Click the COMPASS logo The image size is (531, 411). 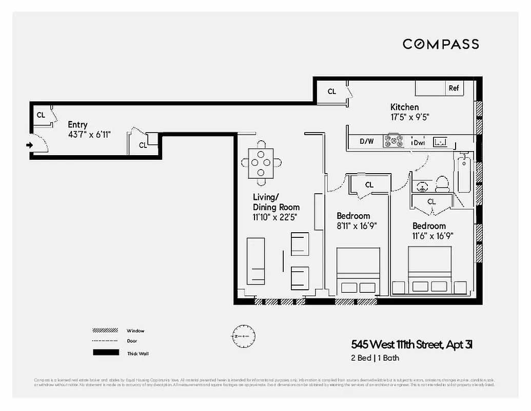(x=441, y=44)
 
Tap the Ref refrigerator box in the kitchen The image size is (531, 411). (x=454, y=88)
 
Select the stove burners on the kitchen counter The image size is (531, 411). (x=394, y=141)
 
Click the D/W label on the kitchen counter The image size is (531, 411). (x=366, y=141)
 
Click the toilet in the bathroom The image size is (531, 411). (x=442, y=183)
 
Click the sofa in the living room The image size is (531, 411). (x=255, y=261)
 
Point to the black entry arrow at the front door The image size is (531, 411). (x=30, y=145)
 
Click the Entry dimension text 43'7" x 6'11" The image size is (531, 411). (x=89, y=134)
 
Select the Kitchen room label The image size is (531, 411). (x=404, y=107)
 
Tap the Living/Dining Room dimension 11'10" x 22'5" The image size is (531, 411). (x=276, y=217)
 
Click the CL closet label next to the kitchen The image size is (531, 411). (x=332, y=91)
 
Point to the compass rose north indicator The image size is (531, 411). (x=243, y=336)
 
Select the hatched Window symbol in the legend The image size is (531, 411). (x=104, y=330)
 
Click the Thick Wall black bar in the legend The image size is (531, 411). (x=104, y=353)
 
